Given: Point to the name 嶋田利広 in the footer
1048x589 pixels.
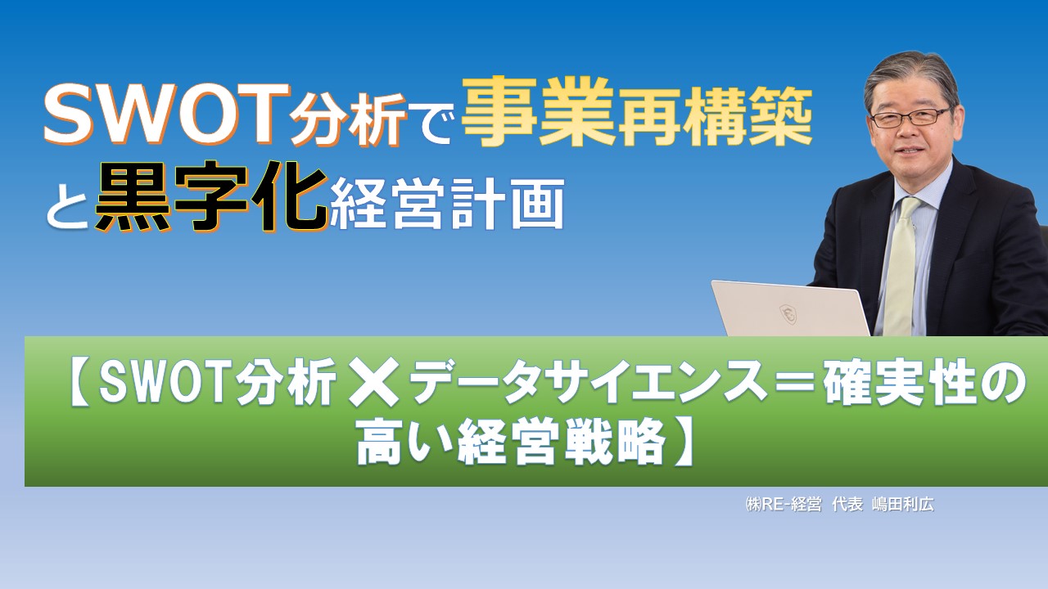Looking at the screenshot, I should click(904, 505).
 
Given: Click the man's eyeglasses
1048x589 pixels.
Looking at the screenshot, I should click(910, 117).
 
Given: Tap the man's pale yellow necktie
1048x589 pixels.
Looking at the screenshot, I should click(901, 262).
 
